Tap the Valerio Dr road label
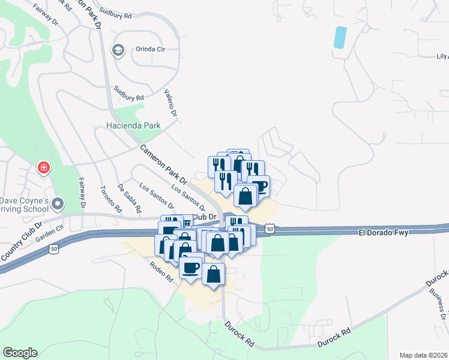(171, 103)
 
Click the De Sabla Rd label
(129, 199)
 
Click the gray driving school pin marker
(58, 204)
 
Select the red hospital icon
(43, 167)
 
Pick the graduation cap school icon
(118, 50)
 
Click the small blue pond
(340, 37)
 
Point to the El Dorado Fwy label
(384, 232)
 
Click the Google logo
(20, 353)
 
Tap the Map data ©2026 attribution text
(423, 355)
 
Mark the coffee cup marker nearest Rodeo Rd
(190, 267)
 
